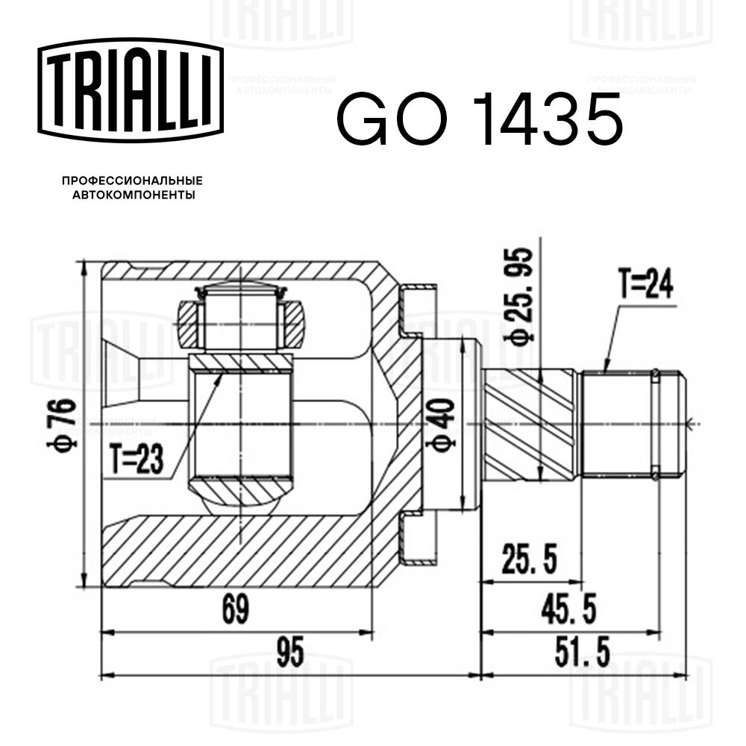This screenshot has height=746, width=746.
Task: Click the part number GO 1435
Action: coord(478,119)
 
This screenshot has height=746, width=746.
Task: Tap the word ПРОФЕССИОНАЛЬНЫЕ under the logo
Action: coord(132,181)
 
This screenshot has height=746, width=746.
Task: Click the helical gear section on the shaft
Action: coord(531,425)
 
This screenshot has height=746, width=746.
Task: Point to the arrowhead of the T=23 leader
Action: coord(220,374)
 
